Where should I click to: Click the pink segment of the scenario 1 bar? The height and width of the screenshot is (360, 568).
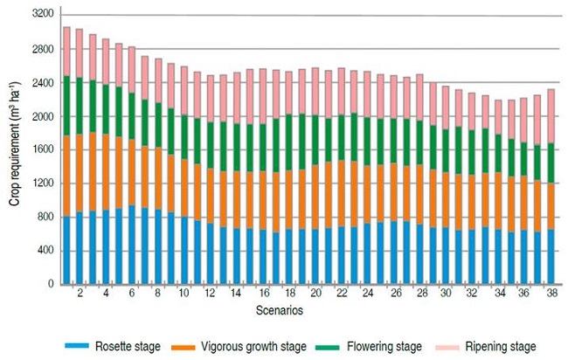coord(66,52)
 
